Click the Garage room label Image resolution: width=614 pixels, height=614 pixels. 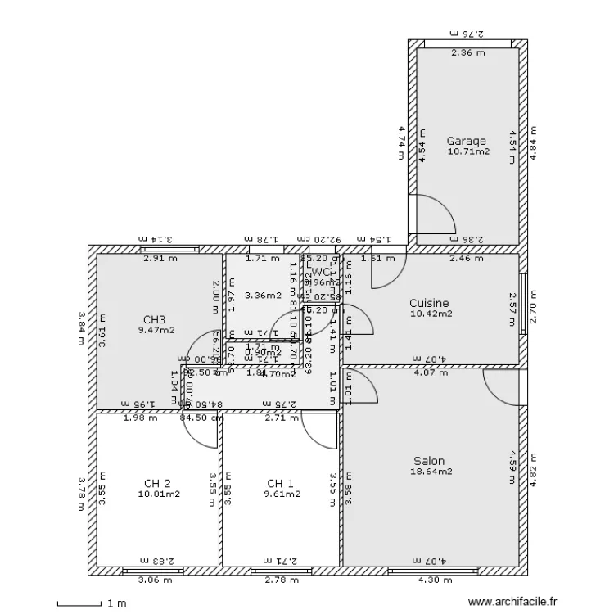click(466, 141)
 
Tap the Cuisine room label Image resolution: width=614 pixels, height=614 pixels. click(430, 303)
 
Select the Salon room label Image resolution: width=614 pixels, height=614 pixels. click(429, 461)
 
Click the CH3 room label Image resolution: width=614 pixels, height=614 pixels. click(155, 320)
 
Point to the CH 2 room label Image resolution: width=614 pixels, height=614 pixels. click(157, 483)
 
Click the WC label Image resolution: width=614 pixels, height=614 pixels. click(321, 272)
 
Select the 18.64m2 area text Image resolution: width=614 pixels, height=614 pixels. click(431, 472)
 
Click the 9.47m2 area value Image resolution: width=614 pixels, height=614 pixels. click(156, 331)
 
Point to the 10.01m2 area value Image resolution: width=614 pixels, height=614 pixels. click(158, 494)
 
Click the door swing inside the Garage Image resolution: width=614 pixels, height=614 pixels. click(434, 215)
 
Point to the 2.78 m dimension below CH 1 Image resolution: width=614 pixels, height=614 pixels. click(281, 580)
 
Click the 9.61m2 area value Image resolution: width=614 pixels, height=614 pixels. click(281, 494)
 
